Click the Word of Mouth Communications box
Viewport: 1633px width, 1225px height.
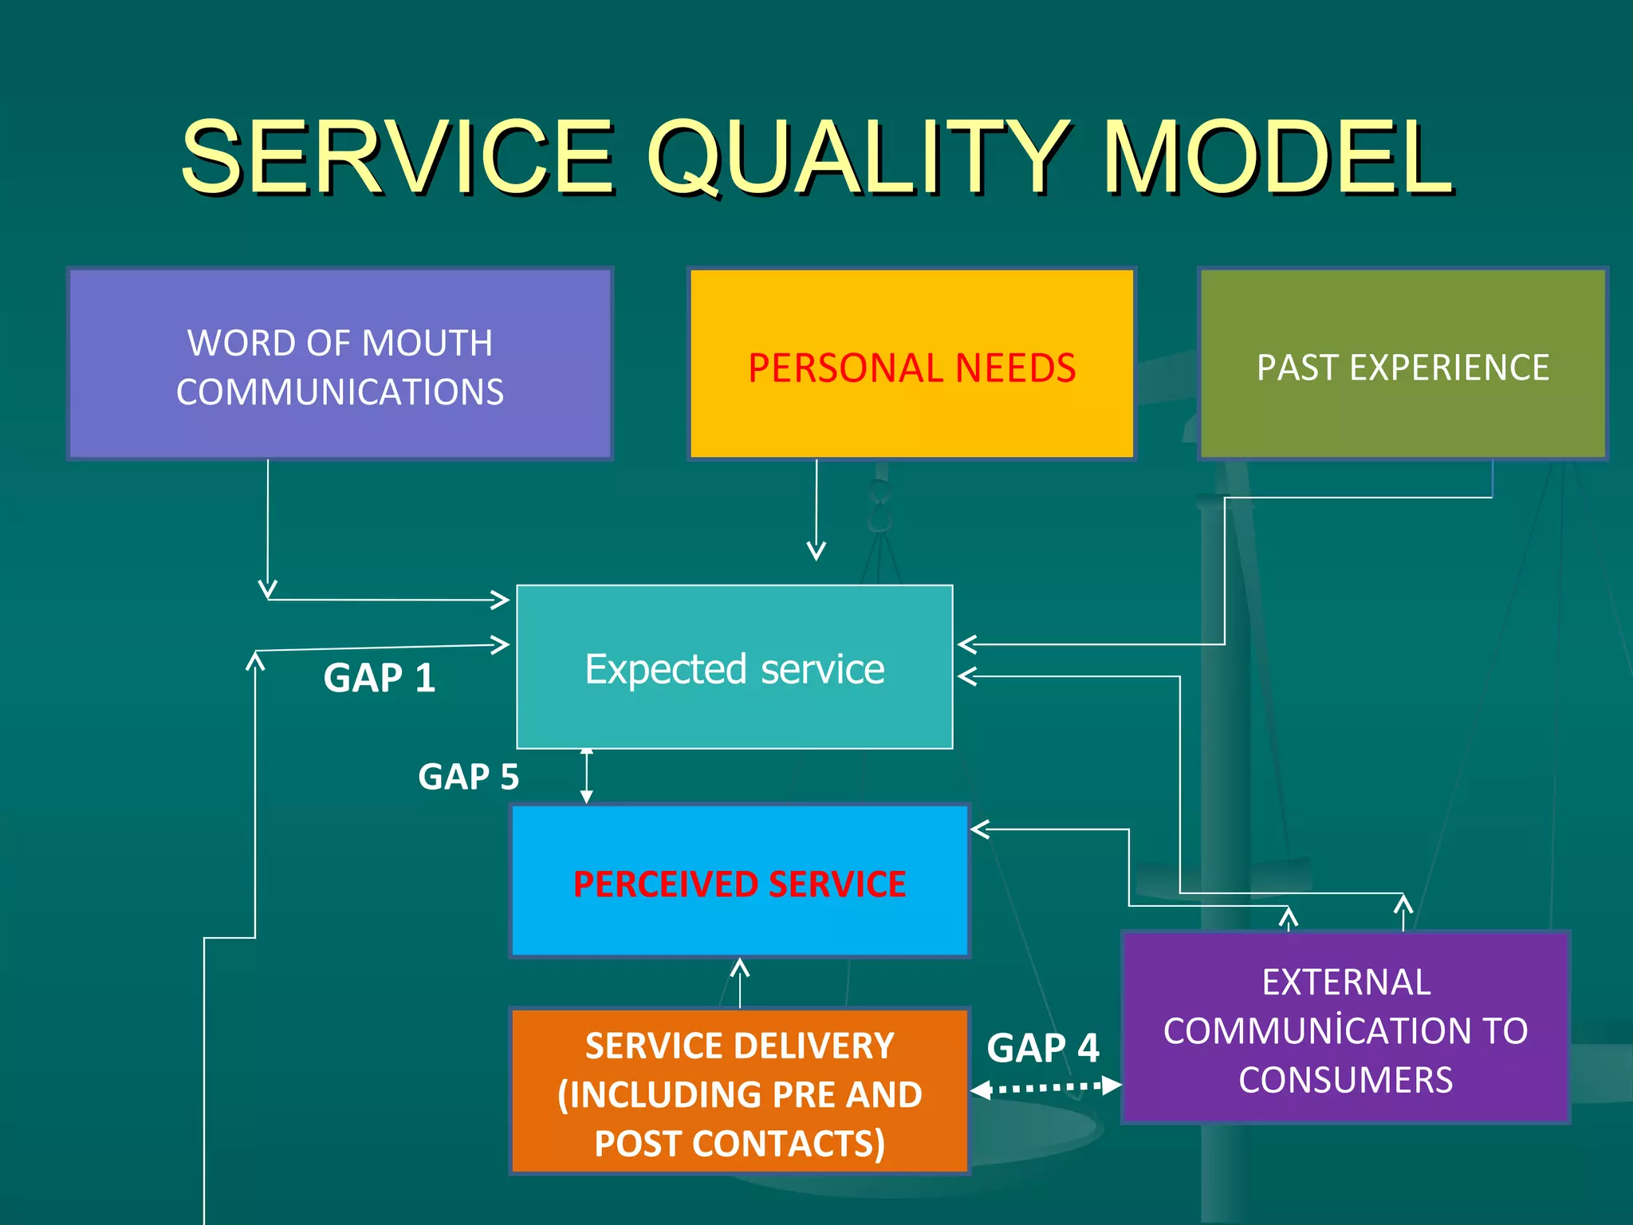click(x=340, y=364)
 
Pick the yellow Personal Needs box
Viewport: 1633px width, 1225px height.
click(x=911, y=364)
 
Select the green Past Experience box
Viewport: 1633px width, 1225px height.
click(x=1403, y=364)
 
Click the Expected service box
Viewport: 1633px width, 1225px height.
click(x=734, y=668)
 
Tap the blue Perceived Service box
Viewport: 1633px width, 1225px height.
click(x=739, y=881)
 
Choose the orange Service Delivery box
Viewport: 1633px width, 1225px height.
click(x=739, y=1092)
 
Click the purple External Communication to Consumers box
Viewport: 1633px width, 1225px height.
click(x=1345, y=1029)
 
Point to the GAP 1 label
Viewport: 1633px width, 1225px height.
click(x=380, y=679)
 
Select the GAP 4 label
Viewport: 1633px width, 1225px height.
click(x=1042, y=1048)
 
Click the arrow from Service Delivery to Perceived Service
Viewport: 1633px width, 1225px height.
click(x=740, y=983)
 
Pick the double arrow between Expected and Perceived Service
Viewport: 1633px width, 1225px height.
click(x=587, y=776)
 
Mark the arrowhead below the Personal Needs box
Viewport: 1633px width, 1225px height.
click(x=816, y=550)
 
